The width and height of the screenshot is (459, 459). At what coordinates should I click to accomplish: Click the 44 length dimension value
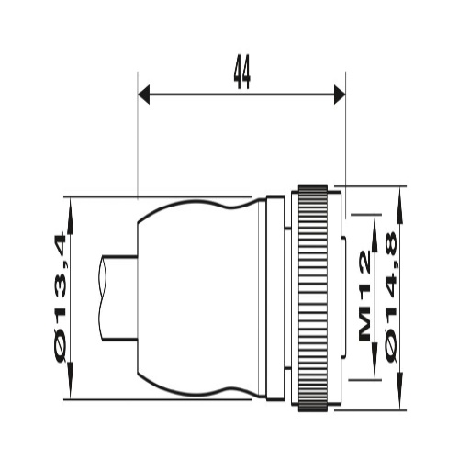(x=242, y=73)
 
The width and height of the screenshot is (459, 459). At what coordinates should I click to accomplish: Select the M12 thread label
(x=364, y=296)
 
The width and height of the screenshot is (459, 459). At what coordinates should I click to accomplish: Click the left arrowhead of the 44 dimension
(x=143, y=95)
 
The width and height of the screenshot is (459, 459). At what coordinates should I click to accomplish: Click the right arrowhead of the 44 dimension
(x=340, y=95)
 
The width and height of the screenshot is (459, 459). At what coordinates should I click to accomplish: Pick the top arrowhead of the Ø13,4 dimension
(x=71, y=217)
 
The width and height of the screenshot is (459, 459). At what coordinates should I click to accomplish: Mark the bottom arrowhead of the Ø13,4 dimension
(x=71, y=380)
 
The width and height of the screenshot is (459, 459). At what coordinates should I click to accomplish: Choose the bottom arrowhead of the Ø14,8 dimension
(x=400, y=391)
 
